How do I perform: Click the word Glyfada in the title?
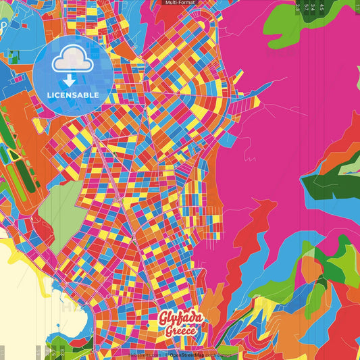click(180, 318)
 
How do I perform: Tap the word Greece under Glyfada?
click(180, 331)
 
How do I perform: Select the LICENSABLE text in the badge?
click(73, 95)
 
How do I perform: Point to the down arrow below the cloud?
click(70, 80)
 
